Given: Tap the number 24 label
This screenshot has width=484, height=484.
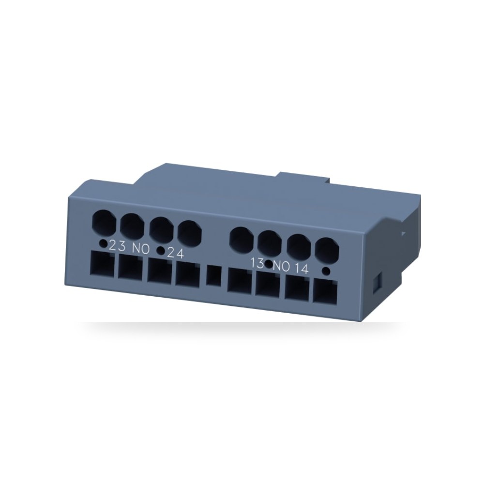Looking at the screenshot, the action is click(175, 254).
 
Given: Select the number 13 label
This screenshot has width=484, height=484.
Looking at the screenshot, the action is click(257, 263).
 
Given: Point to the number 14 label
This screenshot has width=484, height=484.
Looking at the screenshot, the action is click(301, 269).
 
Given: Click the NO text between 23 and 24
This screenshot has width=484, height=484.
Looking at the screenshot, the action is click(141, 249).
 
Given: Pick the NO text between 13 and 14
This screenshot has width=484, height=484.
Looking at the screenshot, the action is click(282, 266).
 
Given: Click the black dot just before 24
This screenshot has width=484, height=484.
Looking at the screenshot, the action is click(161, 251).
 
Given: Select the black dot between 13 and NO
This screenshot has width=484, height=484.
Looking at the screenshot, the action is click(269, 265).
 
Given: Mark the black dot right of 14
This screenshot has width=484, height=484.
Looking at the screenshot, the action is click(326, 272).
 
